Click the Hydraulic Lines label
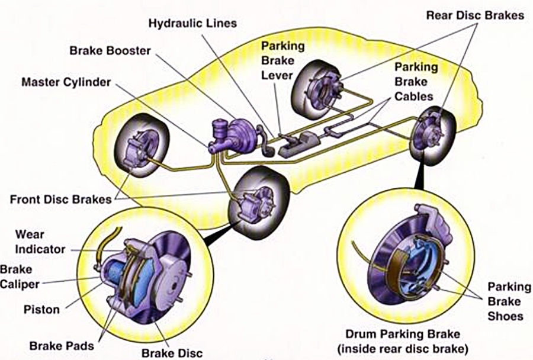[192, 24]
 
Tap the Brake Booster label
[110, 51]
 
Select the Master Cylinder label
[66, 82]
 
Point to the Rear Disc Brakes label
[475, 15]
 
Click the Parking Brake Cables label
[416, 82]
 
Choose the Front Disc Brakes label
[61, 199]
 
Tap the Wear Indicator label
[40, 242]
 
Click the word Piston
[41, 310]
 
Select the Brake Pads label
[62, 346]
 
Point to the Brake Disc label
[172, 353]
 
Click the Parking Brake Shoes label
[509, 301]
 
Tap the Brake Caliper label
[20, 277]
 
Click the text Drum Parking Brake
[403, 334]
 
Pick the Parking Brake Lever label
[283, 60]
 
